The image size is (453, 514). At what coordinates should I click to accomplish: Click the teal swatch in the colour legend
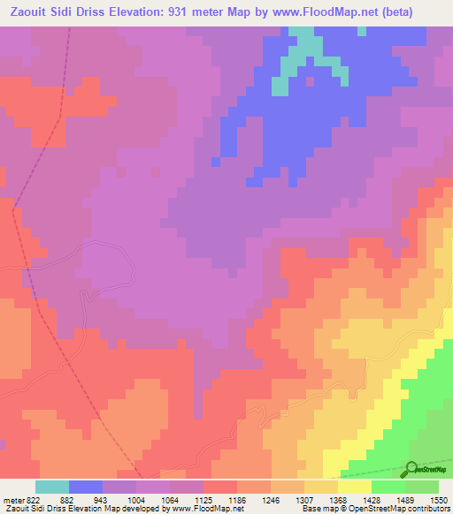click(x=51, y=487)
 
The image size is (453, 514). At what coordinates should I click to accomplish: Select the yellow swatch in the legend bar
click(x=355, y=487)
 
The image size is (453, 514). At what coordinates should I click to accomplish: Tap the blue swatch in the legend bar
click(x=86, y=487)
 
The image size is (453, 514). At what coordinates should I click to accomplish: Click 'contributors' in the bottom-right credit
click(x=426, y=509)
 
